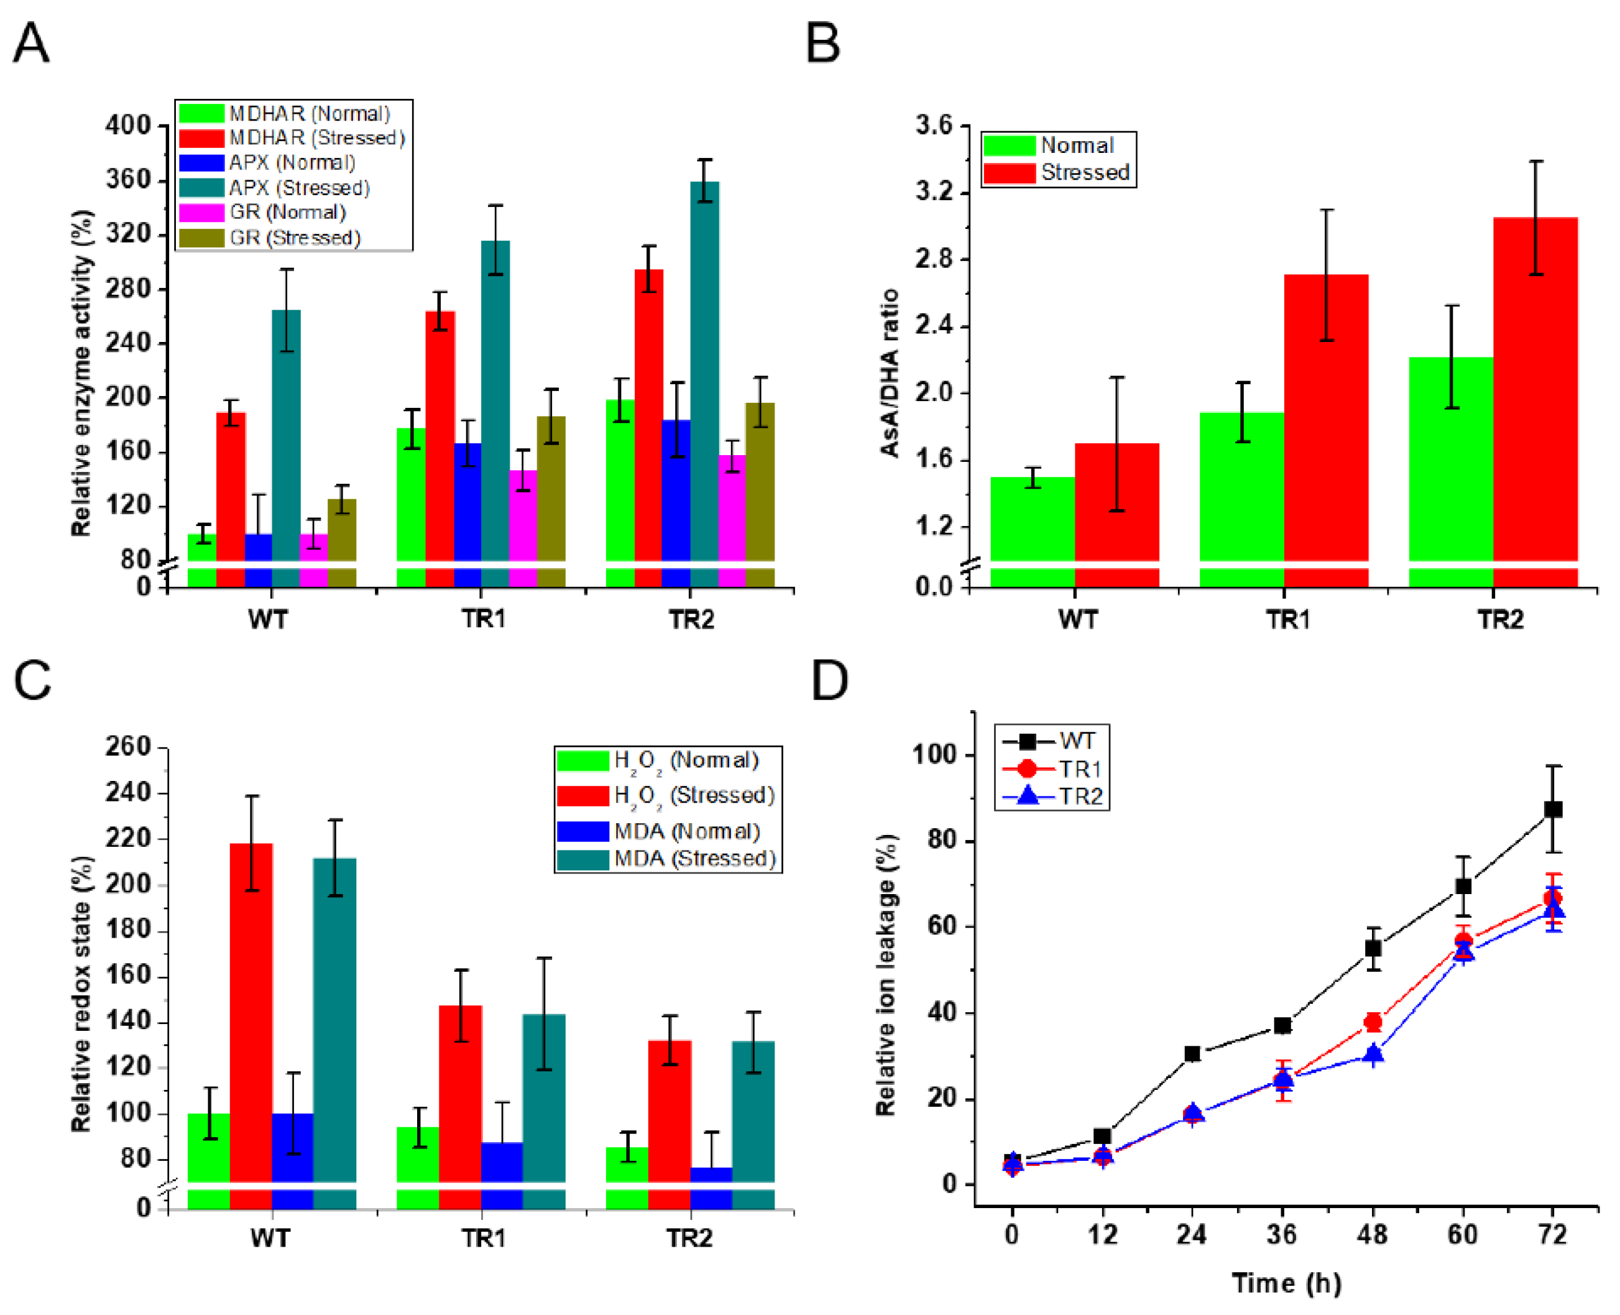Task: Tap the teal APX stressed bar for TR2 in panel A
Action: pos(704,371)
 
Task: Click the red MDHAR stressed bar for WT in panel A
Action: pos(231,485)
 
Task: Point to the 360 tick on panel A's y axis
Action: pos(129,180)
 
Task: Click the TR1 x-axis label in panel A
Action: pos(483,619)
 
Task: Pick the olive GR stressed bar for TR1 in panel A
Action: pos(551,489)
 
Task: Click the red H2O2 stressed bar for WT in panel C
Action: pos(251,1011)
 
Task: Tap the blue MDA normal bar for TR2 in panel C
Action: pos(711,1173)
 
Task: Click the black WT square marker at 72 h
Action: pos(1553,809)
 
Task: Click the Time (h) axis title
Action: pos(1286,1283)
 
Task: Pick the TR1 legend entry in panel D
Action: pos(1079,769)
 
